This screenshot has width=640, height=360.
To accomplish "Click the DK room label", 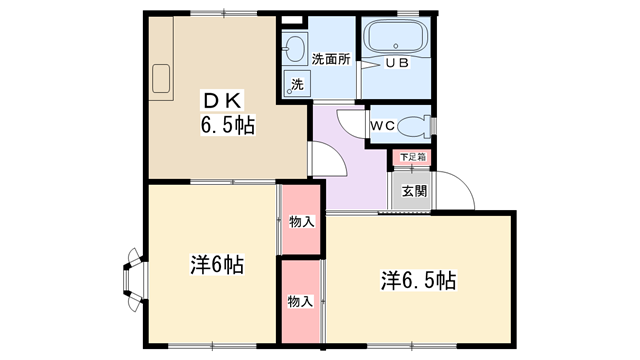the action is (223, 100).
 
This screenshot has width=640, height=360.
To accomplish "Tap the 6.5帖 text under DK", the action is (228, 125).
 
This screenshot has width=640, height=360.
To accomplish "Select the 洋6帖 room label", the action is (217, 265).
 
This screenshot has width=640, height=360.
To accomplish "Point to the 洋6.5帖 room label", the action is (419, 280).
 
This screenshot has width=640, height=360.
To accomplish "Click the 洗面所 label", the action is (331, 59).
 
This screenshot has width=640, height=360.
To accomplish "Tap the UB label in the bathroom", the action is (398, 63).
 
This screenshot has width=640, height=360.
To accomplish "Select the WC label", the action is (382, 126).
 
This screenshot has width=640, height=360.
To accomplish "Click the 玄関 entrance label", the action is (414, 191).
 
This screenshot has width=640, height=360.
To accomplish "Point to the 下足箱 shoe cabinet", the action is (412, 157).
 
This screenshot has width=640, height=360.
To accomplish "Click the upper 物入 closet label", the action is (302, 222).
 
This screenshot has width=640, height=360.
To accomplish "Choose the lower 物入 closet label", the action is (300, 302).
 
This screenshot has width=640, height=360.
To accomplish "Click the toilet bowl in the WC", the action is (413, 127).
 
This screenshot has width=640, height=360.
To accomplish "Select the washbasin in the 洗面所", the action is (293, 48).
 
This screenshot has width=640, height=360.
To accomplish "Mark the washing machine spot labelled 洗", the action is (297, 84).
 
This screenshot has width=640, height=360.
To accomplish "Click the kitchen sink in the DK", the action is (161, 78).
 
